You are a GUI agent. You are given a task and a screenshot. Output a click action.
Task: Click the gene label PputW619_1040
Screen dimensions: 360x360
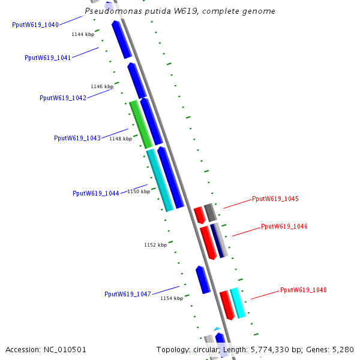point(35,25)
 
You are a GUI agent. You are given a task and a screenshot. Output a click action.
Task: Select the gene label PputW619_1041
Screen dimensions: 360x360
point(48,58)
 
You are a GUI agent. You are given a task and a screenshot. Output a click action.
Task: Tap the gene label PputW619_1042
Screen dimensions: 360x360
point(63,98)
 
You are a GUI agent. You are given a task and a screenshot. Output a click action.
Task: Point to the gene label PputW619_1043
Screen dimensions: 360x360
point(77,138)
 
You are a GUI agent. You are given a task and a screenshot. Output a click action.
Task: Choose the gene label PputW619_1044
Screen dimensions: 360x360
point(96,193)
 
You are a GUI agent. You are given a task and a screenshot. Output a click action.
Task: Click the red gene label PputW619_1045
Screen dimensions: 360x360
point(275,199)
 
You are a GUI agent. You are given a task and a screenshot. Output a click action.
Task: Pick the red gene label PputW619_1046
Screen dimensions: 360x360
point(284,227)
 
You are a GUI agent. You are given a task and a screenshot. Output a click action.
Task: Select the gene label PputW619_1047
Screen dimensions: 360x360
point(128,294)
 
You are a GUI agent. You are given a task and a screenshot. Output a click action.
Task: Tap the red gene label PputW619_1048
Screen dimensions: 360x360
point(304,290)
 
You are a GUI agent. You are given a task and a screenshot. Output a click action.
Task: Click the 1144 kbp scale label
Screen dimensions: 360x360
point(83,34)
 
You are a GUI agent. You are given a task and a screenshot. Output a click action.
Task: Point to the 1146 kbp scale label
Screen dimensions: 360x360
point(102,86)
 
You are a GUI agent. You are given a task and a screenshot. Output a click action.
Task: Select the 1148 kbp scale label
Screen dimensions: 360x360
point(121,139)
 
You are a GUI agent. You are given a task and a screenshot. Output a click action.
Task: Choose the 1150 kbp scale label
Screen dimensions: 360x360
point(139,191)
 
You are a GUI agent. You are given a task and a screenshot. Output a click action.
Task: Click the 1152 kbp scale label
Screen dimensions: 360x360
point(155,245)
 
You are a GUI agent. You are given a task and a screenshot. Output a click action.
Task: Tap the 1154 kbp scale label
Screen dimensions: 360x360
point(172,298)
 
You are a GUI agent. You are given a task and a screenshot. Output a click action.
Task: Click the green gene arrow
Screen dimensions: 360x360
point(142,125)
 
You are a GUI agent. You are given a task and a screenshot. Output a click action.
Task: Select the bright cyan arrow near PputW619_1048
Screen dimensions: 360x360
point(238,303)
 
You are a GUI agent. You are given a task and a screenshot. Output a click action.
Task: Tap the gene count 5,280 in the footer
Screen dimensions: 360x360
point(343,349)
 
